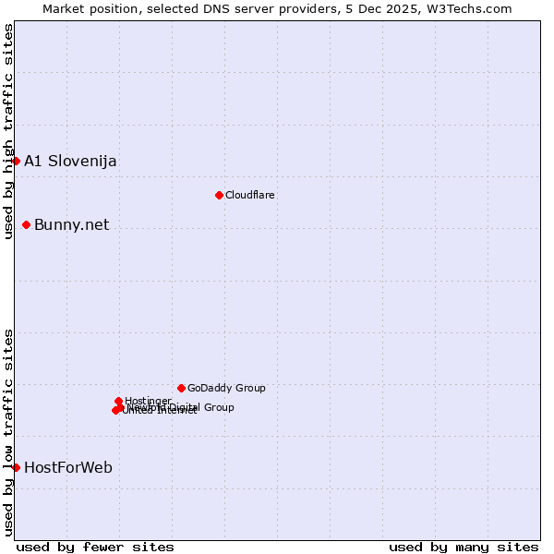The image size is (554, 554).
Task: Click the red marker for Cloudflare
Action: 219,195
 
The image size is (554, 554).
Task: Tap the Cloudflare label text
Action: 250,195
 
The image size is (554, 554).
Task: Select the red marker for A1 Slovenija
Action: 16,161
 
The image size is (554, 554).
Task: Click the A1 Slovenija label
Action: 70,162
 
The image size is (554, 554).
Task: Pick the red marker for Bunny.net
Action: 26,224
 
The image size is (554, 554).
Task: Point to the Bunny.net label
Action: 71,225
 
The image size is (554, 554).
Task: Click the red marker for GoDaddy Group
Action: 181,388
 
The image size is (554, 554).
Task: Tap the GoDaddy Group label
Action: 226,388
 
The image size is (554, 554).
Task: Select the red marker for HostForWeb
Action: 16,467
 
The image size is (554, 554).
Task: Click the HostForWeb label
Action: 68,468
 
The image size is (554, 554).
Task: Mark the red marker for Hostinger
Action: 118,401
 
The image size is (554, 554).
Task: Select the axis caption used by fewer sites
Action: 95,547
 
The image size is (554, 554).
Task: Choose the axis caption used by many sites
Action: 464,547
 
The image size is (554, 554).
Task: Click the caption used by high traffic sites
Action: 8,131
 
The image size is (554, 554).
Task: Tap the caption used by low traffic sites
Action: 8,432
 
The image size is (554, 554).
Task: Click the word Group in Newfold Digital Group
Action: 219,407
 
